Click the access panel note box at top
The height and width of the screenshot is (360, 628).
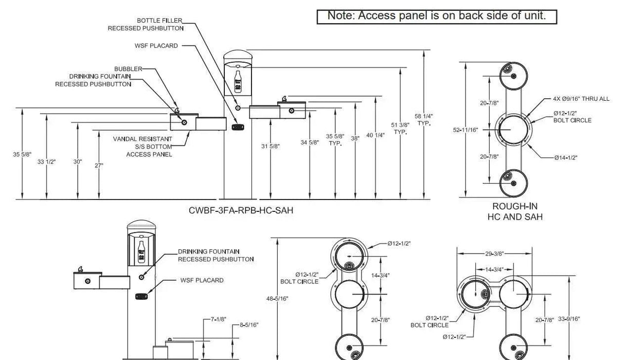(x=437, y=17)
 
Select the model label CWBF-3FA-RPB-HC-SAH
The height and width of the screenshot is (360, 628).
(x=241, y=210)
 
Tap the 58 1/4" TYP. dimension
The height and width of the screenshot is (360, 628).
(x=424, y=119)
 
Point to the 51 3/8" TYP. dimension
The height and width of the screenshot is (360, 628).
(x=400, y=128)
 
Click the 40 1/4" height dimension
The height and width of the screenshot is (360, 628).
(x=375, y=135)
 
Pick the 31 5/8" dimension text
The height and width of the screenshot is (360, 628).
(x=271, y=146)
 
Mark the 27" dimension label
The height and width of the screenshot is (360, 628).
(x=99, y=166)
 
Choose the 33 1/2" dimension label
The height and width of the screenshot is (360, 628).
(x=46, y=162)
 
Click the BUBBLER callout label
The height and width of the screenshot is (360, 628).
(x=128, y=69)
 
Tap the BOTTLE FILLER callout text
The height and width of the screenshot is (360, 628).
(x=159, y=21)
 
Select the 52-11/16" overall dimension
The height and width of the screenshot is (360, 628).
(x=465, y=130)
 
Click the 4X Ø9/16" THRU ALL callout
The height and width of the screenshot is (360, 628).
(x=581, y=99)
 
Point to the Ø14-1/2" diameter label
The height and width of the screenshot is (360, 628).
(x=566, y=157)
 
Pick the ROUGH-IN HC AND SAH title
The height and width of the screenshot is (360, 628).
(x=515, y=211)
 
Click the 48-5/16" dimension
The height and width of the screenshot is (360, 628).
(x=277, y=299)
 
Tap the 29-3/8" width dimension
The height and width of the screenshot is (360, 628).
(x=495, y=254)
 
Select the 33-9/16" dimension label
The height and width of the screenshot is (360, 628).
(x=569, y=319)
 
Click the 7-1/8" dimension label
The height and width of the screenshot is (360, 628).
(x=219, y=319)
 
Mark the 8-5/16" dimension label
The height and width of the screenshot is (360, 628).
(x=249, y=325)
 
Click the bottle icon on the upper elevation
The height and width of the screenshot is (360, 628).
(x=238, y=82)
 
